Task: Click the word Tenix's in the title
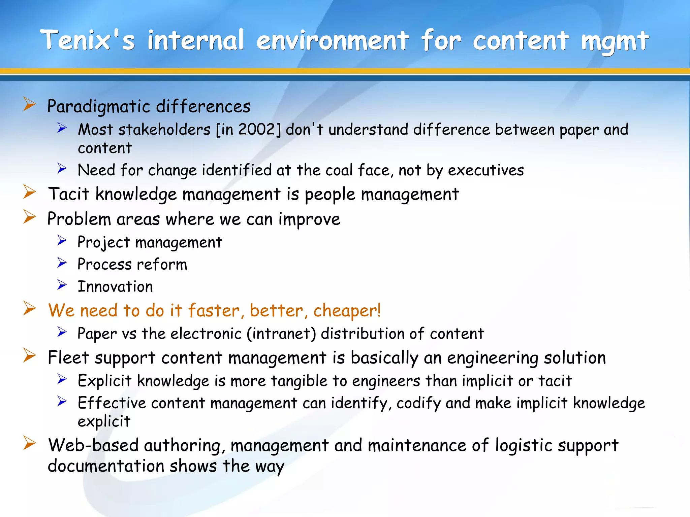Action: click(x=87, y=40)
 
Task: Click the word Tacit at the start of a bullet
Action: click(x=69, y=194)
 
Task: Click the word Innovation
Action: click(x=115, y=287)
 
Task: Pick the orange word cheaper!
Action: click(x=347, y=311)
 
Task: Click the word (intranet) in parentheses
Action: click(x=281, y=334)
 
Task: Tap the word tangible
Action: click(x=299, y=381)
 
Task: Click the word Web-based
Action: click(x=93, y=445)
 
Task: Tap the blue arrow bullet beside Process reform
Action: click(x=62, y=263)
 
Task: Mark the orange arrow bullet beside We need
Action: click(x=30, y=308)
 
